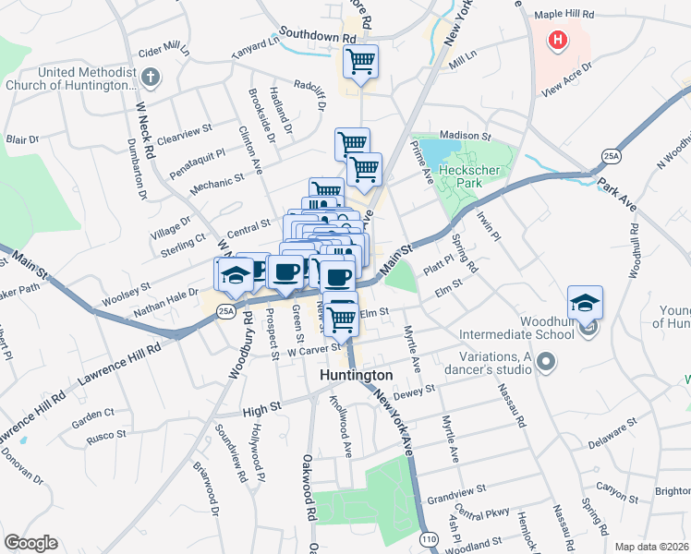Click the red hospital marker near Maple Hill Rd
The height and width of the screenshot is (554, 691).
click(x=558, y=41)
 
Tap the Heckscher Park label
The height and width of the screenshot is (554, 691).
click(x=468, y=175)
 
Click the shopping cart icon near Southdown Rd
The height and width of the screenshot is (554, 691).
click(x=360, y=63)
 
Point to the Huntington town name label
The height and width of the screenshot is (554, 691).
click(x=357, y=376)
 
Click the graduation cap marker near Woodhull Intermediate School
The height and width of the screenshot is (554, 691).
click(x=584, y=304)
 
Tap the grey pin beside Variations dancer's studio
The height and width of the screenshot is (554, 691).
click(x=545, y=362)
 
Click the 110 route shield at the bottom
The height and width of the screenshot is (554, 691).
click(x=428, y=538)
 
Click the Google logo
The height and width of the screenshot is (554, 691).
click(x=30, y=543)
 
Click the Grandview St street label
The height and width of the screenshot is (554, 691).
click(x=456, y=495)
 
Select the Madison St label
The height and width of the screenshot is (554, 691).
click(x=466, y=136)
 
